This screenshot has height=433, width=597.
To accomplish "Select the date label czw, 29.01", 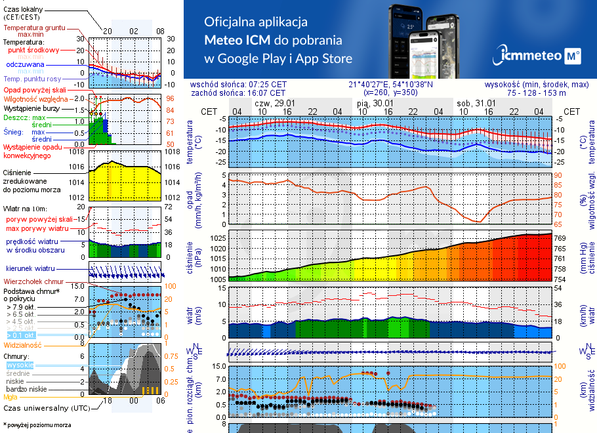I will [x=274, y=104].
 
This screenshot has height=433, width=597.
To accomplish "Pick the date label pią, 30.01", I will [x=375, y=104].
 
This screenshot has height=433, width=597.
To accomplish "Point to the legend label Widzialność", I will [x=23, y=344].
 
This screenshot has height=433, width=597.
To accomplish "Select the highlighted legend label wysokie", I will [x=20, y=365].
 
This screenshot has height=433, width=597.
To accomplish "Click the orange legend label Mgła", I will [x=10, y=397].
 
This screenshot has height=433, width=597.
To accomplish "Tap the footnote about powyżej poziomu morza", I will [x=37, y=425].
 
